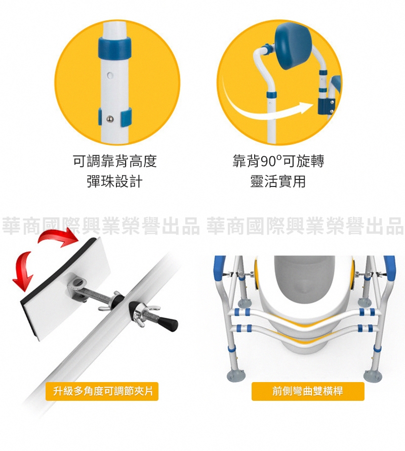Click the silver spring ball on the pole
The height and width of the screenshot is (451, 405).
[110, 118]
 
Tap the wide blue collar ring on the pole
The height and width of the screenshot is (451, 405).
[114, 47]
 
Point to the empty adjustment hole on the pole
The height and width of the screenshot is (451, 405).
[110, 76]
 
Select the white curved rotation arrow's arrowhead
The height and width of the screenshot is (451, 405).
[306, 108]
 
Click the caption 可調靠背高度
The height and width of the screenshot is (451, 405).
[115, 161]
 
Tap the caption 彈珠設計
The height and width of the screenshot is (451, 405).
[115, 181]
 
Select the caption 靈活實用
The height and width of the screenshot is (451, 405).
[277, 181]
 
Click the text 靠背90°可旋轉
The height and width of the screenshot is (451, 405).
[278, 161]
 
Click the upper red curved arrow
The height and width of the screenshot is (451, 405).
[58, 237]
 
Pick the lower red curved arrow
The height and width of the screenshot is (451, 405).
[23, 271]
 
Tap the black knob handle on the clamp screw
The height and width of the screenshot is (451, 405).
[169, 323]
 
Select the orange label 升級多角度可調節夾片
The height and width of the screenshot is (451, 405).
[102, 391]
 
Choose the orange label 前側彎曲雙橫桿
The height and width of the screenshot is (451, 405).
[308, 391]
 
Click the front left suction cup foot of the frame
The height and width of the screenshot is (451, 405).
[237, 375]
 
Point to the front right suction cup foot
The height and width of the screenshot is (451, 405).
[373, 375]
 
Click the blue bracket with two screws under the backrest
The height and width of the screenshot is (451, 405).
[325, 106]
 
